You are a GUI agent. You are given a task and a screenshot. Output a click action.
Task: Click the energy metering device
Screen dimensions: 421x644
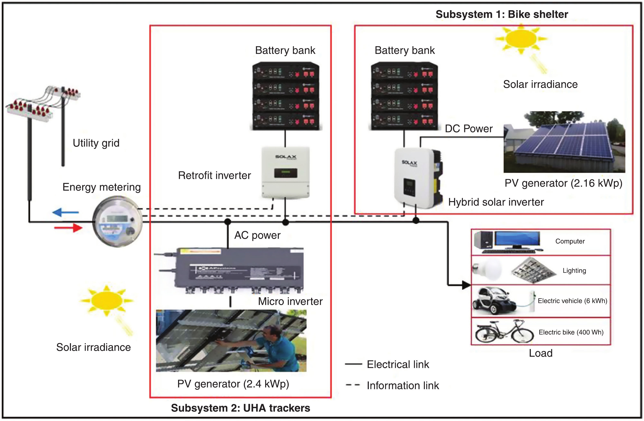117,222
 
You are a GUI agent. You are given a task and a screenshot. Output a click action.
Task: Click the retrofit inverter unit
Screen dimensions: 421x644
285,172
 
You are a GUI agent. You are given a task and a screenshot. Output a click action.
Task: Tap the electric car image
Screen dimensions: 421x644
495,301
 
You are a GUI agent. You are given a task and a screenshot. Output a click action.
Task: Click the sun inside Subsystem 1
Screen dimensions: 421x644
521,39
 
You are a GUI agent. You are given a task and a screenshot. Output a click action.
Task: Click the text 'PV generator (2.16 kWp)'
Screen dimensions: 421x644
563,183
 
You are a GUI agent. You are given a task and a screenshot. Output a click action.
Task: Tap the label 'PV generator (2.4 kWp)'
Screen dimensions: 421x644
233,384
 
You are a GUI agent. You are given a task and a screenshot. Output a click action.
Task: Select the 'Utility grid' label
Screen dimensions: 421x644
96,143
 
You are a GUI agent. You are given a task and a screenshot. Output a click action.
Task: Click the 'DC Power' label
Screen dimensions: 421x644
469,129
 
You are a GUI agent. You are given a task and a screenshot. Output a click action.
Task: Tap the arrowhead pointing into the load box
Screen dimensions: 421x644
466,285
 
